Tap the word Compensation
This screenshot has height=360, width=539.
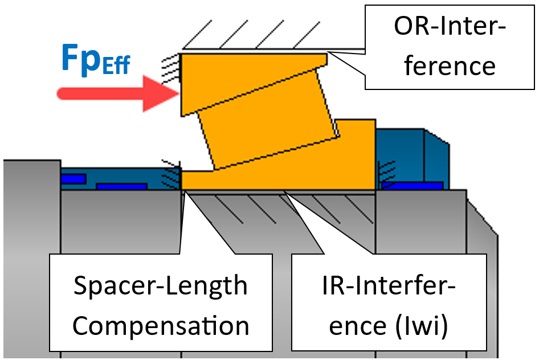pyautogui.click(x=161, y=325)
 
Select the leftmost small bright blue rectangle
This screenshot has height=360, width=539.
pyautogui.click(x=73, y=179)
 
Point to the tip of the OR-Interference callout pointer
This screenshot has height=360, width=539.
pyautogui.click(x=329, y=53)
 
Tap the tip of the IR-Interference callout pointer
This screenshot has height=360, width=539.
pyautogui.click(x=284, y=193)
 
